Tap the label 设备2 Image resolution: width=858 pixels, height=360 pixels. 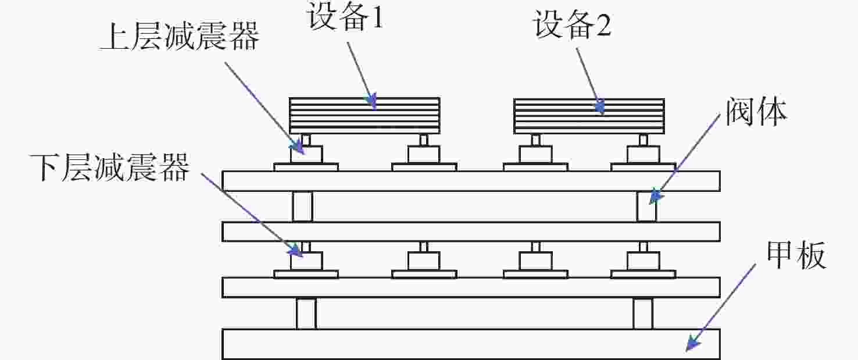pyautogui.click(x=572, y=24)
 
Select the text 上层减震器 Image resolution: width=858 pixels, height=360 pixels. pyautogui.click(x=179, y=37)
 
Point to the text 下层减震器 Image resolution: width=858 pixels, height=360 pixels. pyautogui.click(x=109, y=167)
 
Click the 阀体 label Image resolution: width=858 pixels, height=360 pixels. pyautogui.click(x=756, y=112)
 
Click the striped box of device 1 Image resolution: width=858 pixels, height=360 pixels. pyautogui.click(x=364, y=115)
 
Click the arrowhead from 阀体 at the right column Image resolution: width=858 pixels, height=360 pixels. pyautogui.click(x=655, y=197)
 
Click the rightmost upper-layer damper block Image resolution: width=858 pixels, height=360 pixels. pyautogui.click(x=643, y=154)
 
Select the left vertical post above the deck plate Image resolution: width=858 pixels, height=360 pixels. pyautogui.click(x=306, y=313)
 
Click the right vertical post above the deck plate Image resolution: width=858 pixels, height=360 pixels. pyautogui.click(x=643, y=313)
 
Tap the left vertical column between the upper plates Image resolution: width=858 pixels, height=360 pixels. pyautogui.click(x=302, y=206)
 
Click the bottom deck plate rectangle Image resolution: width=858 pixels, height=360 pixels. pyautogui.click(x=471, y=344)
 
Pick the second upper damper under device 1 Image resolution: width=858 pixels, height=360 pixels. pyautogui.click(x=424, y=154)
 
